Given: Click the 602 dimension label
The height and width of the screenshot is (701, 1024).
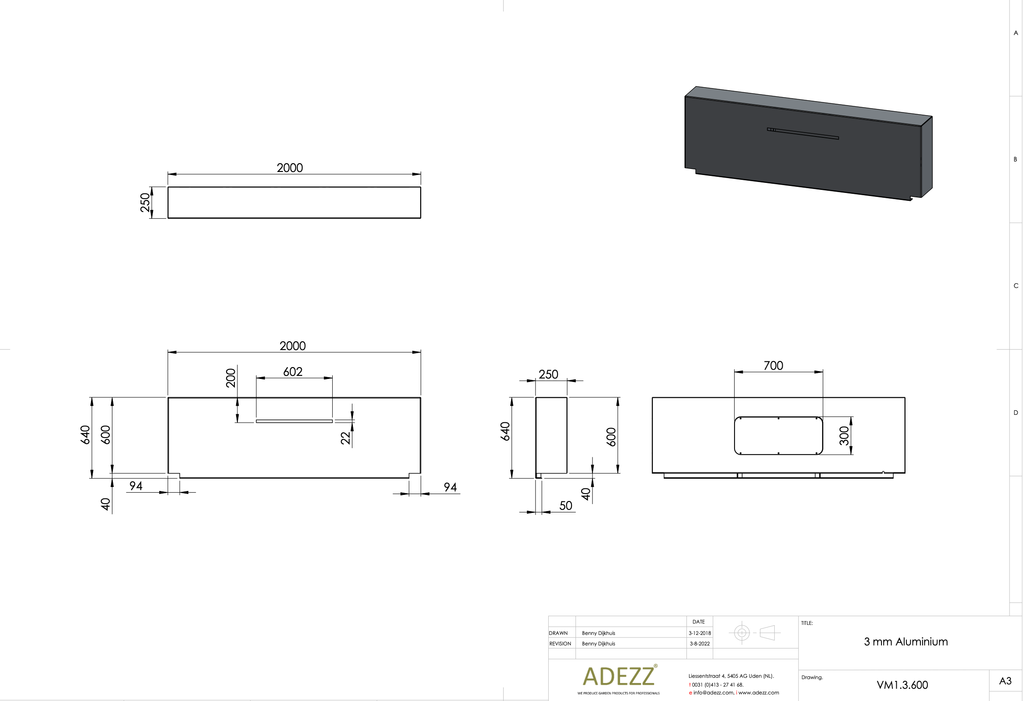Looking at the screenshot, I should [x=293, y=372].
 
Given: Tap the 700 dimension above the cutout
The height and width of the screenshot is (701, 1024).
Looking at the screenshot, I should [x=773, y=365].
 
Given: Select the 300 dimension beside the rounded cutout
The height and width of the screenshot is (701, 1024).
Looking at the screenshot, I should [x=844, y=435].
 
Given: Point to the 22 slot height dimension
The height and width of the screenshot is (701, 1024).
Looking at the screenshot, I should [x=345, y=438].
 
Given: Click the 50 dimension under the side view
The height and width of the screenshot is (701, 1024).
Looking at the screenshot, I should [x=565, y=506].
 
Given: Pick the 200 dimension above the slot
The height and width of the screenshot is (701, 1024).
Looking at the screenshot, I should [x=231, y=378].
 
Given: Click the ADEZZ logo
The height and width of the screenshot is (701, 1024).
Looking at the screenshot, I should [x=619, y=676].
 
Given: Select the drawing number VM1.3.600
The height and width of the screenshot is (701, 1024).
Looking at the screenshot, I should [x=902, y=685].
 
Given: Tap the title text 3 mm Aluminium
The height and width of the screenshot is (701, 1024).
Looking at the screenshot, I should [x=906, y=642].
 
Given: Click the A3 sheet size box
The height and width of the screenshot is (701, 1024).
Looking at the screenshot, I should [x=1005, y=681].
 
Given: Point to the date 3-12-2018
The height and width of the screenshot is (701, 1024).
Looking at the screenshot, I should [x=700, y=633].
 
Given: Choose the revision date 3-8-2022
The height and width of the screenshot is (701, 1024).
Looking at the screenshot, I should [x=700, y=644].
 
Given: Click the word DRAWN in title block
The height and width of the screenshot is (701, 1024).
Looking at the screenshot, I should [x=558, y=633].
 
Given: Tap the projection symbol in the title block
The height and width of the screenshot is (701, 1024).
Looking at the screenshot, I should [x=754, y=633].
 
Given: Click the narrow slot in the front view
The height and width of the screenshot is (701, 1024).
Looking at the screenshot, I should [x=294, y=421].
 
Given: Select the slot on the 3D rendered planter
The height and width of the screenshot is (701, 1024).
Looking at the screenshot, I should [x=803, y=133].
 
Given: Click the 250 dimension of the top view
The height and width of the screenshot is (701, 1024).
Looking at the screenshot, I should [x=145, y=202].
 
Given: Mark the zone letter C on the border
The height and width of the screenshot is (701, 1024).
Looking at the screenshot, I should [x=1016, y=286].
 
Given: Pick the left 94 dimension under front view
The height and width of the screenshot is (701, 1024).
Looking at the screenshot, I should [x=136, y=486].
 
